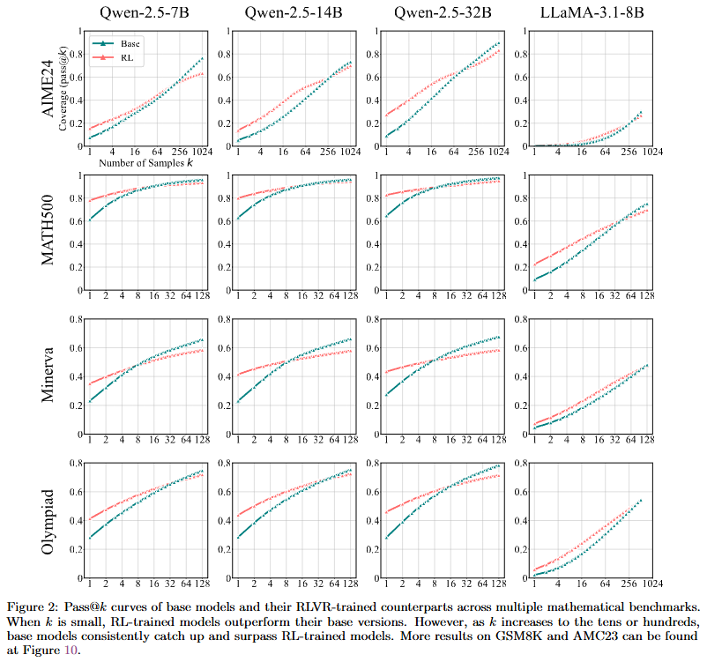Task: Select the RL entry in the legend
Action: coord(128,54)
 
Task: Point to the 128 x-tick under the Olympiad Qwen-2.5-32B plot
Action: coord(500,584)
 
